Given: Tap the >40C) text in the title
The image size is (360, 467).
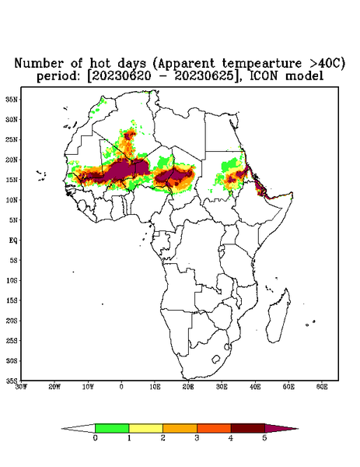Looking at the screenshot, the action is (323, 63).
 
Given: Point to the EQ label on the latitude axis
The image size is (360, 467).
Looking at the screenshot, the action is (12, 240).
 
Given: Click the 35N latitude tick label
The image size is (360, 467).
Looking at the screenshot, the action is (12, 99).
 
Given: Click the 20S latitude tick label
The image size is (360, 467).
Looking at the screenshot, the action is (12, 321).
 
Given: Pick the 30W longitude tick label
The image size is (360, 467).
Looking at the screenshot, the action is (21, 387).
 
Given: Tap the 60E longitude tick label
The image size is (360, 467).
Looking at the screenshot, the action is (322, 387).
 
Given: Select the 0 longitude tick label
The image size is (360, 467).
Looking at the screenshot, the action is (121, 387).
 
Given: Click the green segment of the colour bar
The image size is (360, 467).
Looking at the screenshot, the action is (112, 428).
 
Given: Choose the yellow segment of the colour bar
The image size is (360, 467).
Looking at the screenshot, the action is (145, 428).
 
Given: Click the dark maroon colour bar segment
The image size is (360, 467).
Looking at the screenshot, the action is (248, 428).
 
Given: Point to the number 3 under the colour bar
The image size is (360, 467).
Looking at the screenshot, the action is (197, 438).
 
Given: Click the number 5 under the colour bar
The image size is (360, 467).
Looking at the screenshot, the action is (264, 438).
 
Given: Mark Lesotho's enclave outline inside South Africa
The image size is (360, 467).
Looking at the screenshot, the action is (216, 359).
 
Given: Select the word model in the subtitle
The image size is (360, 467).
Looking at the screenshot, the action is (304, 75).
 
